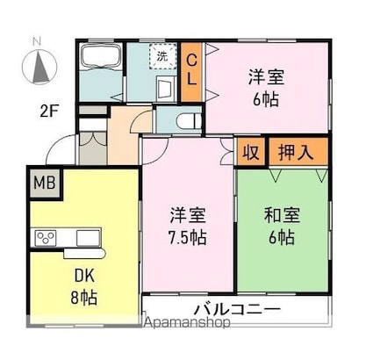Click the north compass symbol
39,67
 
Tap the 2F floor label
50,111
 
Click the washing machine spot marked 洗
162,56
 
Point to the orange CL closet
191,72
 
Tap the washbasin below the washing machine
166,89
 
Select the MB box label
45,184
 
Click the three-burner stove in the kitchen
46,238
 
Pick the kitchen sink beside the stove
89,238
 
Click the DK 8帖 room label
84,286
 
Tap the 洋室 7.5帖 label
188,226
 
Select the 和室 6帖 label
282,226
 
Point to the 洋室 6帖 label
266,88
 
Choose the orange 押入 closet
298,152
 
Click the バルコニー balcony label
238,309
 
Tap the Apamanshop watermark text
187,322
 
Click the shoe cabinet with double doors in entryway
93,148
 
